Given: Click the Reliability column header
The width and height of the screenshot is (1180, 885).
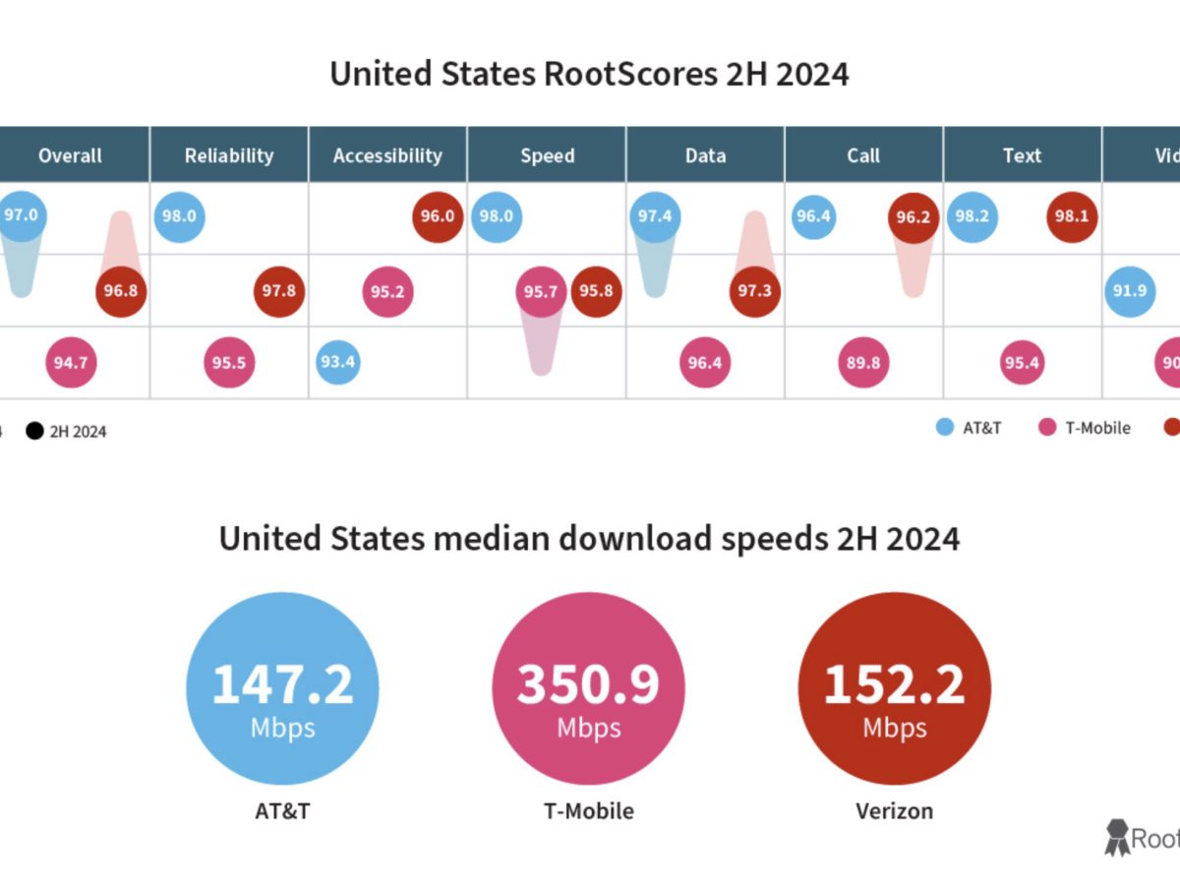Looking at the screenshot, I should [229, 155].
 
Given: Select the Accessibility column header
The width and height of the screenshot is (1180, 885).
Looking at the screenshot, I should [387, 155].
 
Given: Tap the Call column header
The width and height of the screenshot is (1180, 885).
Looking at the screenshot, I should [863, 155].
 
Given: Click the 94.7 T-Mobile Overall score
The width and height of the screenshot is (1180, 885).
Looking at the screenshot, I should [71, 363].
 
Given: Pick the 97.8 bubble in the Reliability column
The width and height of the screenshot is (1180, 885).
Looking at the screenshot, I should [279, 291].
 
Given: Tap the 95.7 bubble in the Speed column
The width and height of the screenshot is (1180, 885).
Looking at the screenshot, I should [541, 291].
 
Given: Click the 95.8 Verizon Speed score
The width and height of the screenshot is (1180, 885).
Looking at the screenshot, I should [596, 291].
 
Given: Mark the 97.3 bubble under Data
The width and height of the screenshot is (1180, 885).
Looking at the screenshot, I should [754, 291].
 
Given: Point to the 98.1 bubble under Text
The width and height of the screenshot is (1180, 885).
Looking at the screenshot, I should [1072, 217].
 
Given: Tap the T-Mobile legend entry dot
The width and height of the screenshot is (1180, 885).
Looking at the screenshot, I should [1047, 428].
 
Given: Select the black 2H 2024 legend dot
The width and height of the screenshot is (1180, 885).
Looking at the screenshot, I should [35, 431].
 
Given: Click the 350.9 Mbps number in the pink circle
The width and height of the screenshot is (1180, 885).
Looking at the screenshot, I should [588, 684].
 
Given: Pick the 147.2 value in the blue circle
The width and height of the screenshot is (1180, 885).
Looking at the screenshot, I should [282, 684].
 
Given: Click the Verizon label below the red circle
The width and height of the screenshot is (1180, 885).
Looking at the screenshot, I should [894, 811].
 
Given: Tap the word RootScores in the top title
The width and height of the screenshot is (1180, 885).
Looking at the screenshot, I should [629, 75].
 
